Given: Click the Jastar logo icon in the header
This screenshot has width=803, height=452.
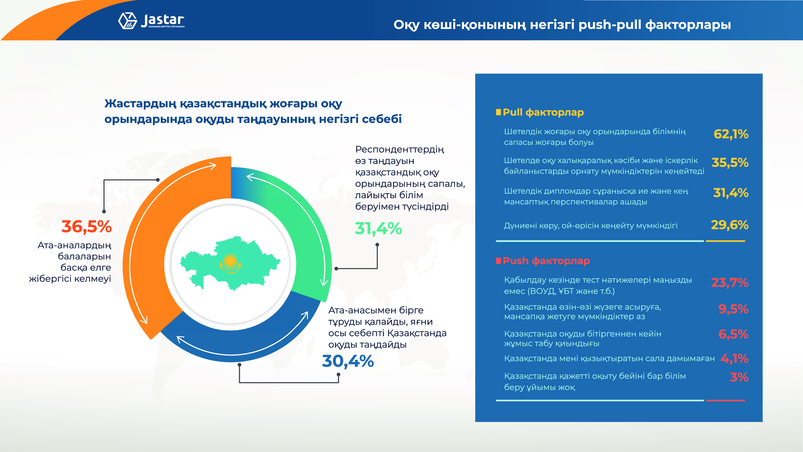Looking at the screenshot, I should pyautogui.click(x=127, y=21).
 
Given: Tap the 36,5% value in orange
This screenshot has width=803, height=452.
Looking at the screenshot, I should pyautogui.click(x=86, y=227).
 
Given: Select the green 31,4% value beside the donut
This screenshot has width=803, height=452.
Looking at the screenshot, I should pyautogui.click(x=378, y=228).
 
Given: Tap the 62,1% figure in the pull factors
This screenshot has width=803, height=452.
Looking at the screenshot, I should pyautogui.click(x=731, y=134).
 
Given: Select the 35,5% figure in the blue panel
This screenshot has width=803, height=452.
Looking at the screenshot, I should pyautogui.click(x=730, y=162).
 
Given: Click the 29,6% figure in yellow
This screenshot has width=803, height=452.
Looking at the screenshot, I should pyautogui.click(x=729, y=225).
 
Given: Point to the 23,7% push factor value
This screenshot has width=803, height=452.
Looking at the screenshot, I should pyautogui.click(x=729, y=283).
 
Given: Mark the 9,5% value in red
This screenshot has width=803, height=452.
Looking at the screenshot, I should pyautogui.click(x=733, y=309).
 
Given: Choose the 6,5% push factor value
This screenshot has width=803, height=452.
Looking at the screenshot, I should pyautogui.click(x=733, y=334).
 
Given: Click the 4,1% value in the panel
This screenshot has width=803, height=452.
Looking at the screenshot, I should pyautogui.click(x=734, y=359).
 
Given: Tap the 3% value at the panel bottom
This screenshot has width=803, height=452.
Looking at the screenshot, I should pyautogui.click(x=739, y=378).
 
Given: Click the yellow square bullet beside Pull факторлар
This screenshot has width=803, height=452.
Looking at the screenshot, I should pyautogui.click(x=498, y=112).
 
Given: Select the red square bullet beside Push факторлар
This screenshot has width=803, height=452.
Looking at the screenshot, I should pyautogui.click(x=498, y=260).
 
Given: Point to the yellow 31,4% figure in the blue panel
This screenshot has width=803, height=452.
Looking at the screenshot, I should pyautogui.click(x=730, y=193).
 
